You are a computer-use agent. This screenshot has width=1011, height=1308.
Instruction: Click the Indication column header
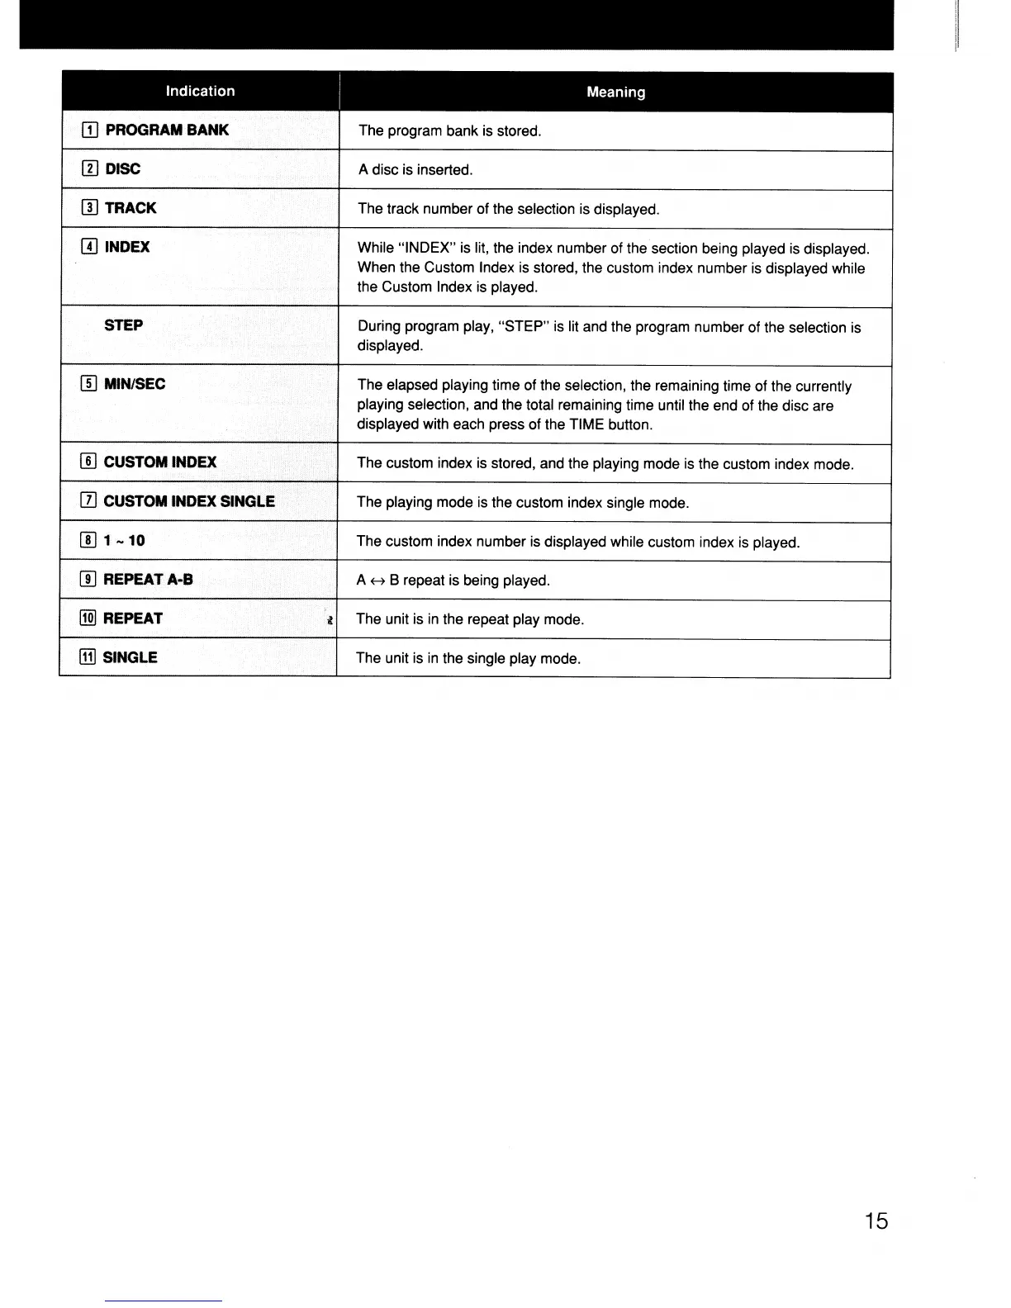[200, 91]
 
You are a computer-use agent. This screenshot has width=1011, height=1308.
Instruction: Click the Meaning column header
[615, 92]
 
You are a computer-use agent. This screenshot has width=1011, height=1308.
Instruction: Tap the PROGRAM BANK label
[167, 130]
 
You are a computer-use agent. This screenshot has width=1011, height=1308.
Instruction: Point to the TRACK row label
[131, 208]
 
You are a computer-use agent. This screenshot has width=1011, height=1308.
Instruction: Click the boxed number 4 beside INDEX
[90, 247]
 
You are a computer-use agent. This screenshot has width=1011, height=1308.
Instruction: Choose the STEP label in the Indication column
[124, 325]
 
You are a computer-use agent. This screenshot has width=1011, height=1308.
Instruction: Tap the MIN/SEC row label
[135, 384]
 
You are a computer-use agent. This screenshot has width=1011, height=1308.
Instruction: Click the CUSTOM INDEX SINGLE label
[189, 501]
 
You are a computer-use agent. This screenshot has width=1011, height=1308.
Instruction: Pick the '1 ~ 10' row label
[124, 541]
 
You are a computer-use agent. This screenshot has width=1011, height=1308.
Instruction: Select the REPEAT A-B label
[148, 580]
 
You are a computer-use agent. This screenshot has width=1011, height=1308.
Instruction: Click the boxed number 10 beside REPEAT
[88, 618]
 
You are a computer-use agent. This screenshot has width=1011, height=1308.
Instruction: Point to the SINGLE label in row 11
[130, 658]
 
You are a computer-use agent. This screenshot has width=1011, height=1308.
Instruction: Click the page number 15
[876, 1220]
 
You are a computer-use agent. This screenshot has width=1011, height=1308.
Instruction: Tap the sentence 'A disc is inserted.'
[415, 170]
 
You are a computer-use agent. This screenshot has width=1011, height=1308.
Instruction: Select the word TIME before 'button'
[586, 425]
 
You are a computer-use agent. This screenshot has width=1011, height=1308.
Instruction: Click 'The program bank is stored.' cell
[450, 131]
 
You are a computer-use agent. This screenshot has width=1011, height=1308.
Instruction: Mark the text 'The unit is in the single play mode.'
[468, 659]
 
